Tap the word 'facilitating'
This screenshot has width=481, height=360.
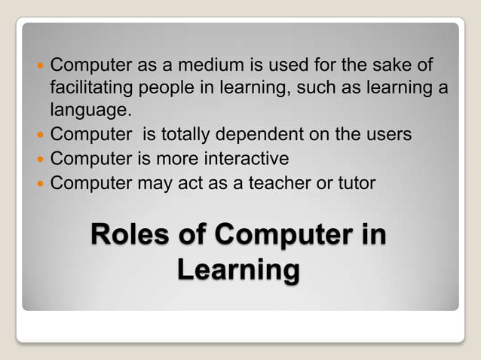[94, 88]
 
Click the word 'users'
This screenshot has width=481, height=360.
[385, 136]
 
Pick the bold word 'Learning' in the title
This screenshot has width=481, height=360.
[239, 270]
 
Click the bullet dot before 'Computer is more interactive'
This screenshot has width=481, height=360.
[41, 160]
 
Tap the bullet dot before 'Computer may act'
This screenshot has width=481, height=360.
[41, 183]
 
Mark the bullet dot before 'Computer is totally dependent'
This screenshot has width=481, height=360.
[41, 136]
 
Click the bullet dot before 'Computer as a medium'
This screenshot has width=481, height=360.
[41, 66]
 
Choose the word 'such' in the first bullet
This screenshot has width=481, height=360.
[316, 88]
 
